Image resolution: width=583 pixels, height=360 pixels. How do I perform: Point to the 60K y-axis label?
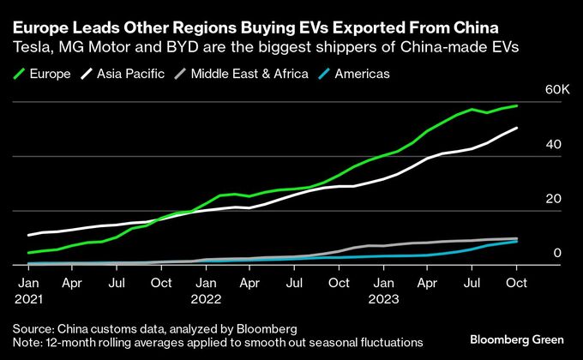pyautogui.click(x=551, y=89)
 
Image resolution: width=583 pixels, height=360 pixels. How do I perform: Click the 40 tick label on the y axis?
pyautogui.click(x=553, y=144)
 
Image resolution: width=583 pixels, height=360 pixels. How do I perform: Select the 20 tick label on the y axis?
pyautogui.click(x=553, y=198)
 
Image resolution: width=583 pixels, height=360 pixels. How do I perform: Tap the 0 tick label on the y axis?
pyautogui.click(x=556, y=253)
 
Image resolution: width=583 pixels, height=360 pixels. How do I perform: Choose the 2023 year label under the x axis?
pyautogui.click(x=382, y=300)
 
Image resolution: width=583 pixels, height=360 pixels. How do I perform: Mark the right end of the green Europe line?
pyautogui.click(x=517, y=106)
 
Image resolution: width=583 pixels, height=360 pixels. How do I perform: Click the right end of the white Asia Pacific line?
pyautogui.click(x=517, y=129)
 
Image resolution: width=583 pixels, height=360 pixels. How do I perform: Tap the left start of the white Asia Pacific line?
pyautogui.click(x=28, y=235)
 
